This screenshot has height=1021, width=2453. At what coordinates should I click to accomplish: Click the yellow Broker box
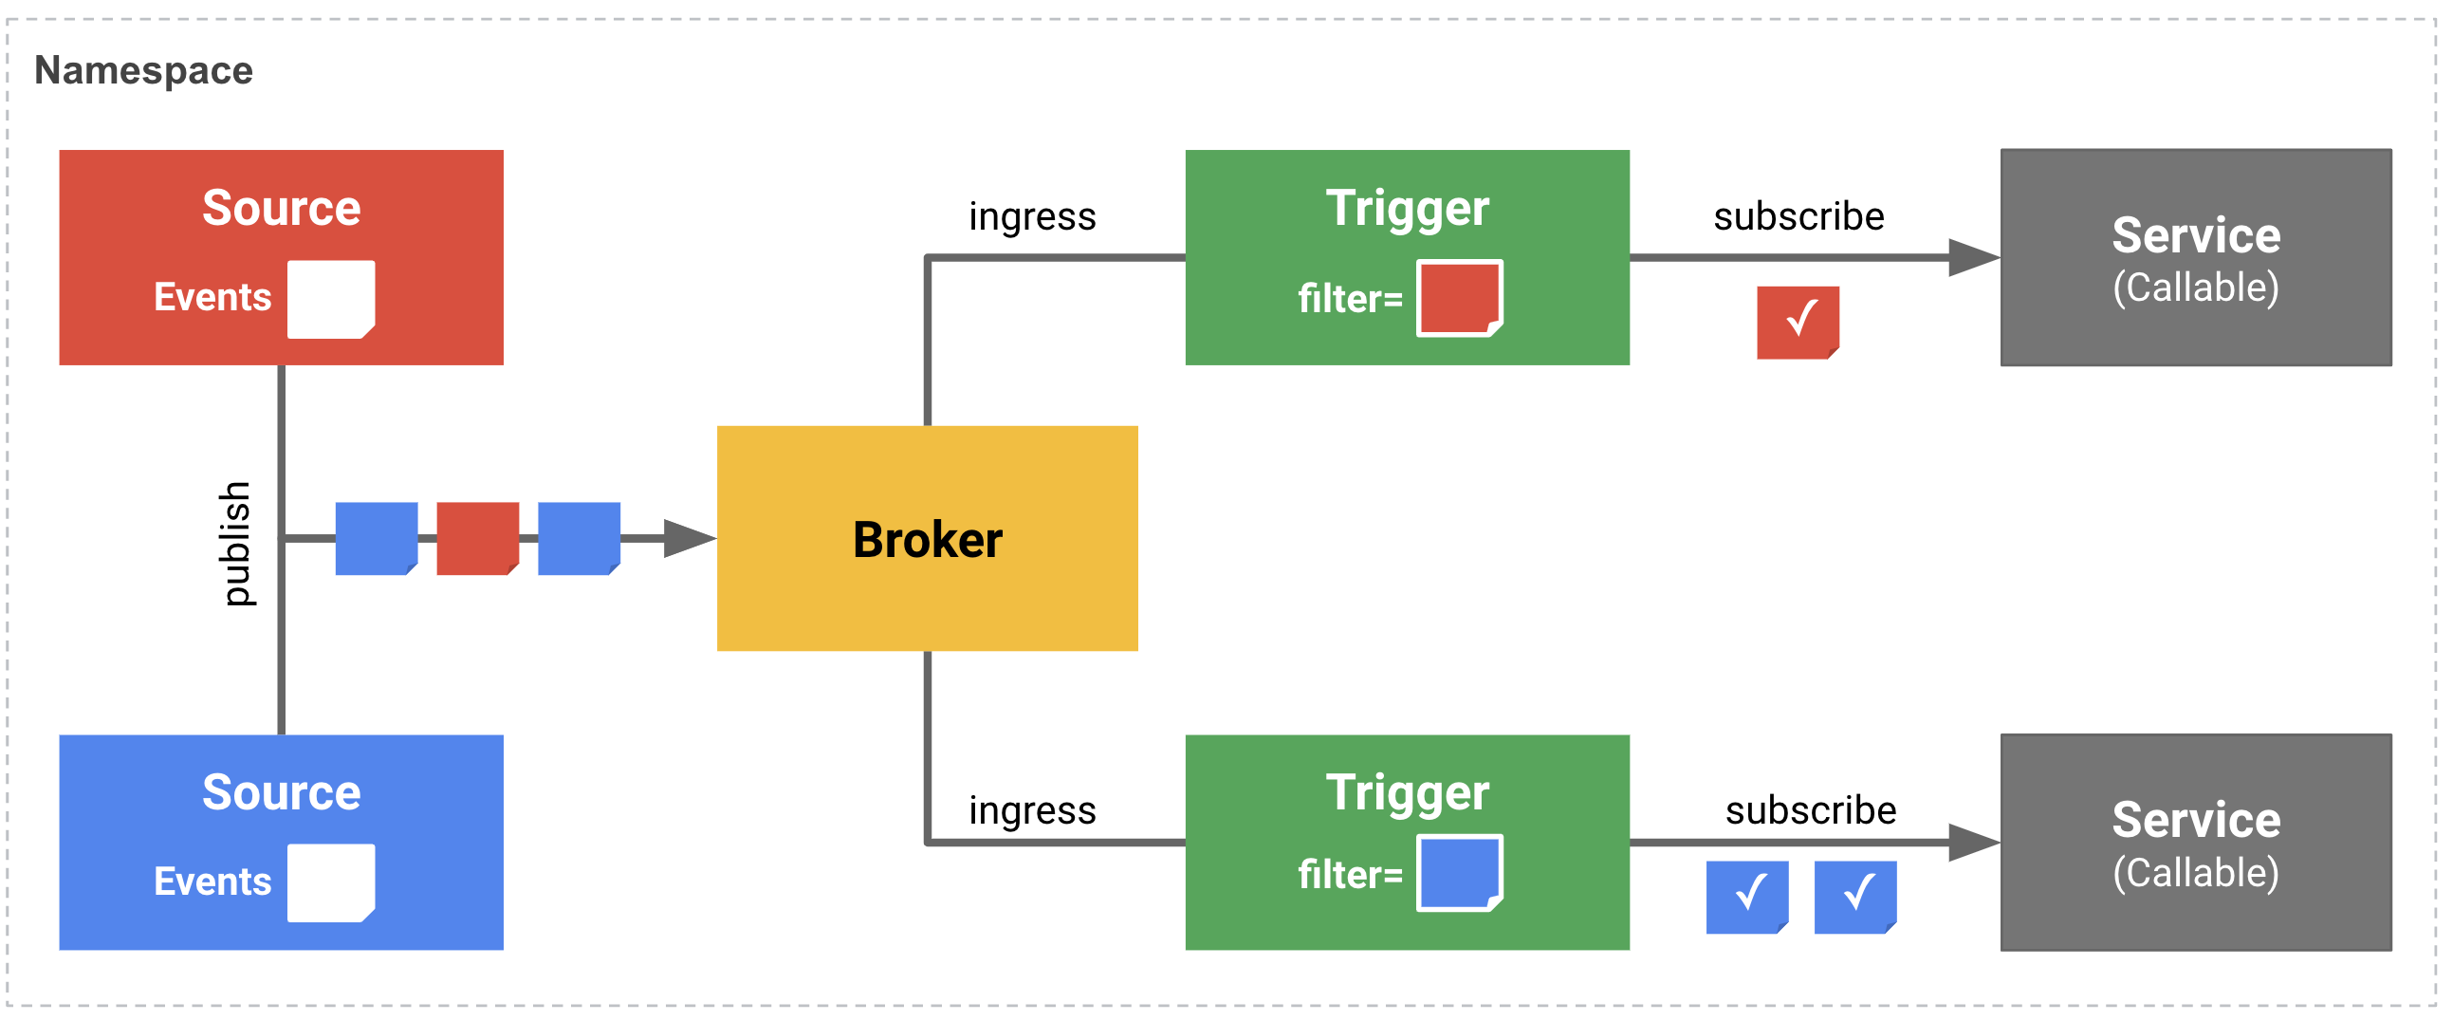(927, 538)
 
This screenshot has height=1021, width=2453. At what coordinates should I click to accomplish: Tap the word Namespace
(144, 70)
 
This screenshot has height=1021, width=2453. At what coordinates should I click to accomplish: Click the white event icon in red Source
(330, 299)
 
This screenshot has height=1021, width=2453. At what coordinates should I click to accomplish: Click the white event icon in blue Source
(330, 882)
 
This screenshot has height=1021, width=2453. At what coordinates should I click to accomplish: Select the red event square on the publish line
(477, 538)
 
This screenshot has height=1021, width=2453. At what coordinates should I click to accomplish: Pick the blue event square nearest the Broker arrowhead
(578, 538)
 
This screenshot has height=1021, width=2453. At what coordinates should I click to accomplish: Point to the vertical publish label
(234, 543)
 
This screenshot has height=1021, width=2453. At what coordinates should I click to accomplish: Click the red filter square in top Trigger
(1458, 298)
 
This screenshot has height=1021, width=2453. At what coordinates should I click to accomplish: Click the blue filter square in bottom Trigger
(1458, 872)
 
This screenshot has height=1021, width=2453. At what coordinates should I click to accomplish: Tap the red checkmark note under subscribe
(1797, 322)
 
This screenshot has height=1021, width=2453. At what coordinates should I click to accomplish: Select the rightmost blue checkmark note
(1854, 897)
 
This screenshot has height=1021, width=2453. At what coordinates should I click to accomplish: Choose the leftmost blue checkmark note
(1746, 897)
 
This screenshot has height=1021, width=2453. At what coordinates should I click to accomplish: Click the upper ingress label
(1032, 217)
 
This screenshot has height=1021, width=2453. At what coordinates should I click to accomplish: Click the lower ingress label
(1032, 810)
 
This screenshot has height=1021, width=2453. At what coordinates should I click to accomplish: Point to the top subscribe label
(1798, 216)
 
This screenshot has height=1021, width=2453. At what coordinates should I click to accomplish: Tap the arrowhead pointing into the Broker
(688, 538)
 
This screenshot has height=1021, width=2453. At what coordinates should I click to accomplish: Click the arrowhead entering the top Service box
(1972, 257)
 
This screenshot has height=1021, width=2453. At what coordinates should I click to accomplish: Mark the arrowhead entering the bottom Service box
(1972, 842)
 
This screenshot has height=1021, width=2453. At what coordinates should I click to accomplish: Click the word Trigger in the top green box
(1407, 208)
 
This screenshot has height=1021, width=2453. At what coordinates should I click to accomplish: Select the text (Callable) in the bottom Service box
(2195, 872)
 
